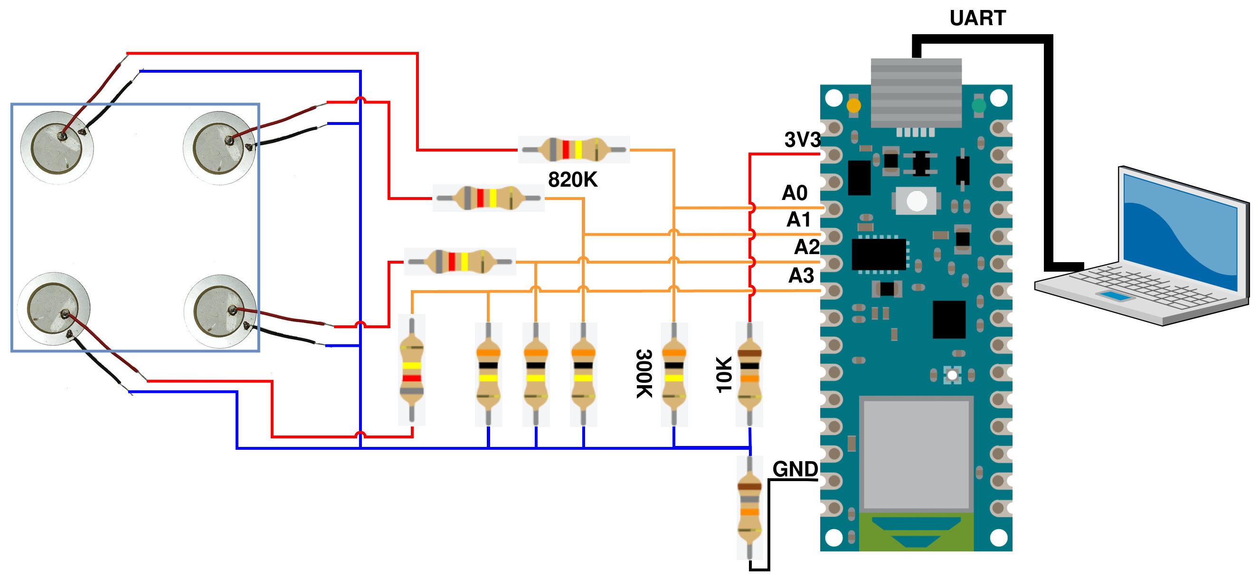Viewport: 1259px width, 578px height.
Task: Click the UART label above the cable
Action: click(x=977, y=18)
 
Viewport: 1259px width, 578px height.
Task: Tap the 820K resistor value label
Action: click(x=572, y=180)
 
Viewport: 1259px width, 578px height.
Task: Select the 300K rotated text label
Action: click(x=644, y=373)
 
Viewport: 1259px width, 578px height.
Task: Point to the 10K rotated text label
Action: click(x=724, y=374)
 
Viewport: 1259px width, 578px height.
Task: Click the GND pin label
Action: click(x=795, y=469)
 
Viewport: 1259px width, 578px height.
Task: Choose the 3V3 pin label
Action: click(x=802, y=140)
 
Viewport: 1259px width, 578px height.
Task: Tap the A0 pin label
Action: click(x=795, y=193)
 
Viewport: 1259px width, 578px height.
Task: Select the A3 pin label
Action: click(x=801, y=275)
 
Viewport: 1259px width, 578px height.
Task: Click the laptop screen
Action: click(x=1180, y=230)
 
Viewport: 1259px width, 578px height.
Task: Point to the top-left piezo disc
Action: click(x=57, y=148)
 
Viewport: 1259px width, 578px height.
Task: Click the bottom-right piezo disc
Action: click(x=219, y=312)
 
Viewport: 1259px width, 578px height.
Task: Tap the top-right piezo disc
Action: click(x=219, y=148)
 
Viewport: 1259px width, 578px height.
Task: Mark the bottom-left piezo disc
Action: click(x=53, y=309)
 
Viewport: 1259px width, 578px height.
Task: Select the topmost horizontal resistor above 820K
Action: click(x=574, y=149)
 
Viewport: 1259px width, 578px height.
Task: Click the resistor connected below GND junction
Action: click(x=749, y=507)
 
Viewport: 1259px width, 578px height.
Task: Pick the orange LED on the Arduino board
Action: click(x=853, y=105)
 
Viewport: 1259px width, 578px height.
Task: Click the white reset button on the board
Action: click(x=917, y=201)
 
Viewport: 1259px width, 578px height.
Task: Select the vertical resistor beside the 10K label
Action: click(x=749, y=374)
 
